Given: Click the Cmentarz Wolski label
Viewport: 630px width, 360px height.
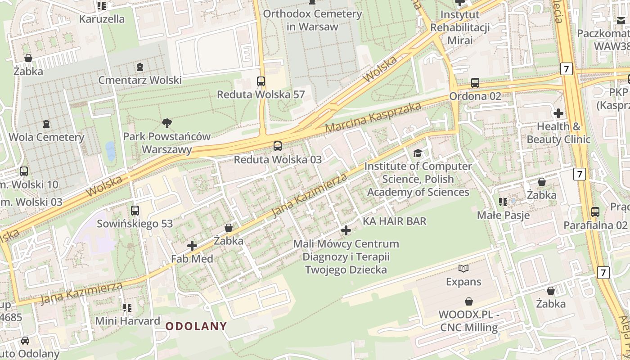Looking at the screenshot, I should click(x=140, y=80).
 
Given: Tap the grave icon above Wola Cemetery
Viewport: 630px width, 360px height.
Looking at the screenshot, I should click(x=46, y=123).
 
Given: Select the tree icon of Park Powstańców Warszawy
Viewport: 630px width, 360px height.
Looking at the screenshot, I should click(x=167, y=122).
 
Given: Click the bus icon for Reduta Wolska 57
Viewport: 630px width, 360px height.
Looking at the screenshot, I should click(x=261, y=81).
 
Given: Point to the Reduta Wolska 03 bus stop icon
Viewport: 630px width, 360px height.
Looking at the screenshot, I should click(x=278, y=146).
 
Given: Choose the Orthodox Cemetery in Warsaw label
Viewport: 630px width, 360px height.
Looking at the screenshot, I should click(x=312, y=20).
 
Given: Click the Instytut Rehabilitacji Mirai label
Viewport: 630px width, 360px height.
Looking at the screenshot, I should click(x=460, y=27).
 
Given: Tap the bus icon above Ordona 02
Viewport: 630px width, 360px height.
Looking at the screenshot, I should click(x=475, y=83).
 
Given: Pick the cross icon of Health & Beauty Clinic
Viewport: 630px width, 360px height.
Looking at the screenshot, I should click(x=558, y=113).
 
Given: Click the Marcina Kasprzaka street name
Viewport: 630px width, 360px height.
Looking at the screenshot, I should click(x=373, y=117).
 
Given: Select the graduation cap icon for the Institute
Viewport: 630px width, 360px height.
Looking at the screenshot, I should click(x=418, y=153).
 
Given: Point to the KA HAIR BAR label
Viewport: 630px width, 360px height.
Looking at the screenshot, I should click(x=394, y=221).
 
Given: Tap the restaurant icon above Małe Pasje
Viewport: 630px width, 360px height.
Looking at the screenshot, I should click(x=503, y=202).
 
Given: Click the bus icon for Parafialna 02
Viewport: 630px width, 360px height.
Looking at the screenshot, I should click(x=595, y=211).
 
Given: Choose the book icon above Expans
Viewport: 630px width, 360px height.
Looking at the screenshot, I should click(x=463, y=269).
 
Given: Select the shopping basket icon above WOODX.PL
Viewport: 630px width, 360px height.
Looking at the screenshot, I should click(x=469, y=301).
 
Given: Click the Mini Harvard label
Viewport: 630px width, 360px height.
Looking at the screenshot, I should click(x=127, y=321).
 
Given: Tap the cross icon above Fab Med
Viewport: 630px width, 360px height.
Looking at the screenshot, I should click(x=192, y=246).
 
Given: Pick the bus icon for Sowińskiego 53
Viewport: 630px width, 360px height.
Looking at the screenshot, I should click(x=135, y=210).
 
